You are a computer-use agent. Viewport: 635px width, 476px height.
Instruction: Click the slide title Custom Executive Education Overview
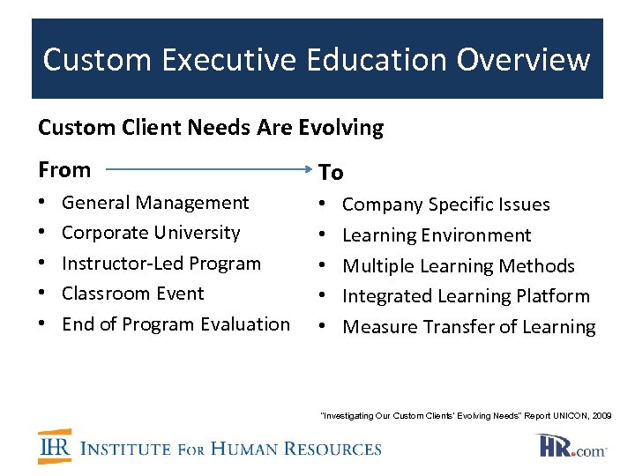[317, 59]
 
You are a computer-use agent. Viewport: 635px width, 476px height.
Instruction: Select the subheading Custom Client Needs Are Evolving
[211, 128]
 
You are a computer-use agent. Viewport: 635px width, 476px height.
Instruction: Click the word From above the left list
[64, 169]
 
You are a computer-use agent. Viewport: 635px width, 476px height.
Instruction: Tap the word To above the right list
[331, 172]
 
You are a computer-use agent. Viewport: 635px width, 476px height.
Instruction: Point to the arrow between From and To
[206, 170]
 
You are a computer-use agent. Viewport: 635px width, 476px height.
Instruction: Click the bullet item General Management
[155, 203]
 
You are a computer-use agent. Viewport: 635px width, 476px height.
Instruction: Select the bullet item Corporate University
[151, 233]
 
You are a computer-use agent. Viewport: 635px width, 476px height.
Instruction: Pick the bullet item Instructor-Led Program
[161, 264]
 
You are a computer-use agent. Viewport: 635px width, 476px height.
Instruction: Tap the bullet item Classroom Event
[132, 294]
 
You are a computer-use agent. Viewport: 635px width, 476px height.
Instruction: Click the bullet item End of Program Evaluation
[176, 324]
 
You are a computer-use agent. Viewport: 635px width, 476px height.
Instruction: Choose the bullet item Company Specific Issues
[445, 205]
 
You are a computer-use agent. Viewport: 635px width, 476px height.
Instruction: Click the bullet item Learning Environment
[437, 235]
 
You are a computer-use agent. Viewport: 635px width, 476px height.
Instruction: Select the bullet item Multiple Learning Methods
[458, 266]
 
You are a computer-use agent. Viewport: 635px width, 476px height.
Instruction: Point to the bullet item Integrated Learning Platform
[466, 296]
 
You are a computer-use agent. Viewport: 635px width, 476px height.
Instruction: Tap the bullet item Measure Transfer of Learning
[468, 327]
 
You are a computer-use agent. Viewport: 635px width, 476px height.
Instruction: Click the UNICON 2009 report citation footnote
[466, 415]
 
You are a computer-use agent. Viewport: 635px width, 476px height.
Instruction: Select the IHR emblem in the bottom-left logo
[56, 446]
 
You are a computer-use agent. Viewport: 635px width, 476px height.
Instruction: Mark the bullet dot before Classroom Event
[43, 294]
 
